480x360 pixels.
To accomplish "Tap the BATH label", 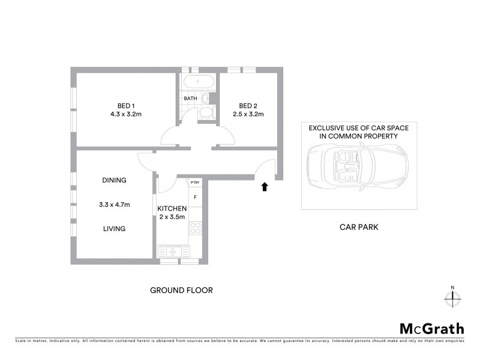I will click(x=190, y=98).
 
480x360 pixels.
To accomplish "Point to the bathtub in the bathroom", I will click(x=197, y=83).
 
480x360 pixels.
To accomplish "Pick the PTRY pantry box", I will click(x=195, y=182).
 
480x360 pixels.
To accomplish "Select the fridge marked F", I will click(x=195, y=197).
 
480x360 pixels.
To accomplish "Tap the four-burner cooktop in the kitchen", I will click(x=195, y=227).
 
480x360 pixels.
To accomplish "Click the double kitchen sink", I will click(x=172, y=251).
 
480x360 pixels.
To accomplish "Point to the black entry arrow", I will click(x=264, y=187).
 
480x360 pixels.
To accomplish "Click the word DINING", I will click(x=113, y=181).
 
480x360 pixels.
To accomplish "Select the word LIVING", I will click(x=113, y=229).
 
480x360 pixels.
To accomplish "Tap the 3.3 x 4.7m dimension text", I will click(x=114, y=205).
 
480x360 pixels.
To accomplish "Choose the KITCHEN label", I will click(x=172, y=209).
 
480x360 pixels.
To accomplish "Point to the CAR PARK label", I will click(x=359, y=227).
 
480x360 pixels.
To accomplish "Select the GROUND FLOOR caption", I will click(x=181, y=290).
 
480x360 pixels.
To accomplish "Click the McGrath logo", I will click(x=431, y=328).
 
